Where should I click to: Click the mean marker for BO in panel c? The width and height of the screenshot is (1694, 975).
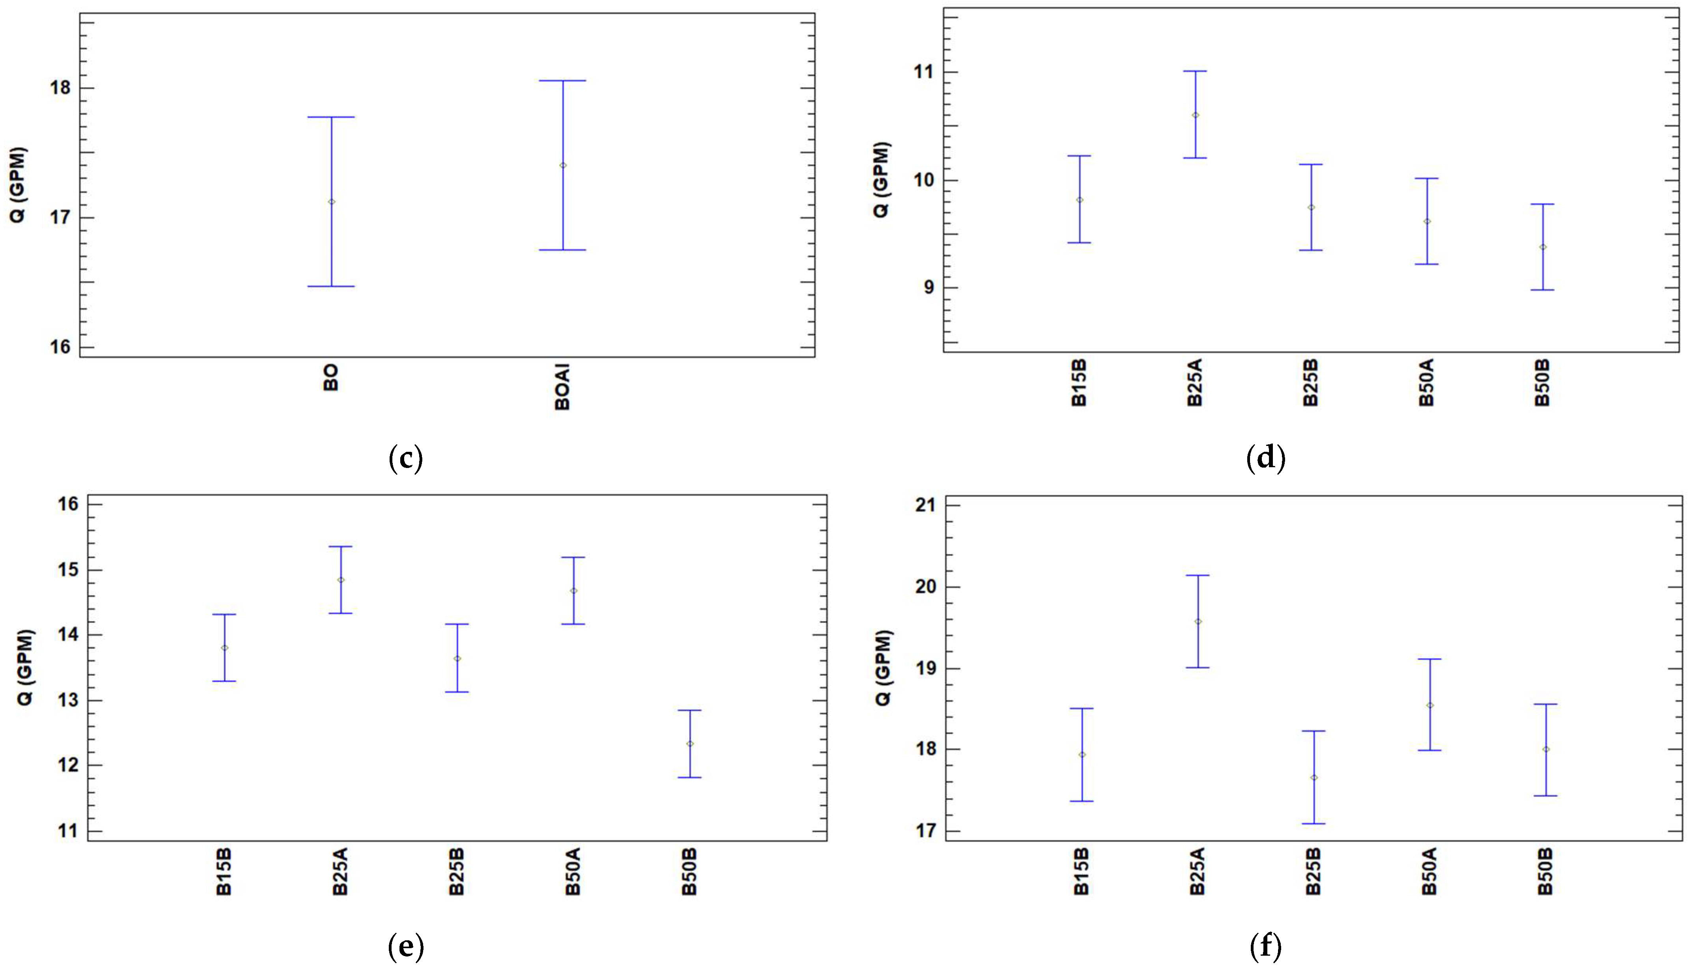(x=331, y=201)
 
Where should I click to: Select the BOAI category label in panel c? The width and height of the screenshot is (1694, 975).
(x=562, y=387)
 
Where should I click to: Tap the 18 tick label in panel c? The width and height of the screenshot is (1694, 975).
(x=60, y=88)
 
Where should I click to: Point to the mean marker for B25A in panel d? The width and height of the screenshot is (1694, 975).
(x=1195, y=115)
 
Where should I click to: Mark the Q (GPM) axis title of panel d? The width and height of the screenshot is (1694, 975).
(x=881, y=179)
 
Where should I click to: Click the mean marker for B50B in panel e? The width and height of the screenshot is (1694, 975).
(x=690, y=744)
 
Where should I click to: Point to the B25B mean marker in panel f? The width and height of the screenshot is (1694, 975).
(x=1314, y=777)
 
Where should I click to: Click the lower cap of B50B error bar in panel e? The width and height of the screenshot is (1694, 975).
(x=690, y=777)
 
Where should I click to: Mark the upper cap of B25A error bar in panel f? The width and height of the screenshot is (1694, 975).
(x=1198, y=575)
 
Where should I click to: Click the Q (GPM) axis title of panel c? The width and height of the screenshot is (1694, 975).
(x=17, y=185)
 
